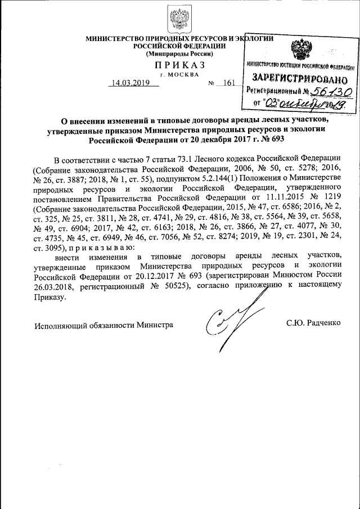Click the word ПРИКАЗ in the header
pos(179,66)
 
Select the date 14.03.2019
pos(129,84)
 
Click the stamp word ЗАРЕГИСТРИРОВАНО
pos(297,77)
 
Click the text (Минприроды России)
pos(179,54)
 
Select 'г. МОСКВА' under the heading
pos(179,75)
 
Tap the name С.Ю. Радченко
pos(314,325)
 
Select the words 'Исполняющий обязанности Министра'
pos(103,325)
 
